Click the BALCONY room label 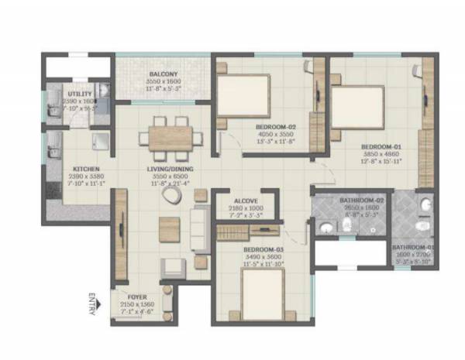[x=164, y=74]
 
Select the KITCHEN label [x=84, y=168]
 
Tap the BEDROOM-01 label [x=381, y=146]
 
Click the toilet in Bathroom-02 [x=327, y=228]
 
